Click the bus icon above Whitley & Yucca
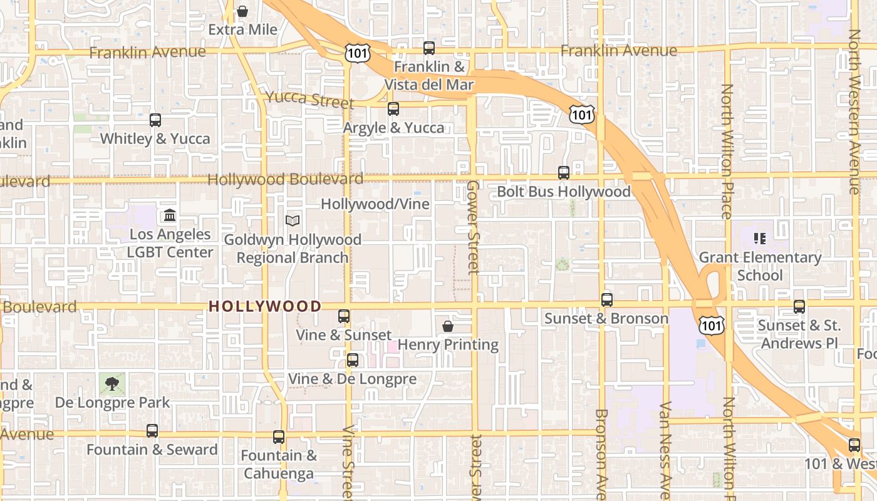pyautogui.click(x=155, y=120)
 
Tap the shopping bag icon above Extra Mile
pyautogui.click(x=242, y=11)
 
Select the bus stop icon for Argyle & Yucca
pyautogui.click(x=393, y=109)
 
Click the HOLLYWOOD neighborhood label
pyautogui.click(x=265, y=306)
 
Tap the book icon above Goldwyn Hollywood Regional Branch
pyautogui.click(x=293, y=220)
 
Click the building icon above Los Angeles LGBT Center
pyautogui.click(x=169, y=216)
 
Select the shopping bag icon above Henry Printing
pyautogui.click(x=448, y=326)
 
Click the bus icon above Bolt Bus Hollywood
pyautogui.click(x=564, y=173)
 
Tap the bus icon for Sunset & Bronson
pyautogui.click(x=606, y=300)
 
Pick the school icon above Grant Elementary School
pyautogui.click(x=760, y=239)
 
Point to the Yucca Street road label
pyautogui.click(x=309, y=99)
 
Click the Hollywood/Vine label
pyautogui.click(x=375, y=204)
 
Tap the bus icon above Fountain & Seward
pyautogui.click(x=152, y=431)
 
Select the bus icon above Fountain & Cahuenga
pyautogui.click(x=279, y=437)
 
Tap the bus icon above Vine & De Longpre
pyautogui.click(x=353, y=360)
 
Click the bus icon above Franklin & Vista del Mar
pyautogui.click(x=429, y=48)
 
